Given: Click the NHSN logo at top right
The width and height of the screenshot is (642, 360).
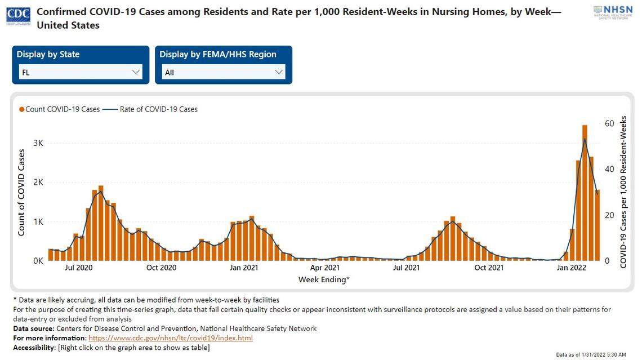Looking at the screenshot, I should coord(613,13).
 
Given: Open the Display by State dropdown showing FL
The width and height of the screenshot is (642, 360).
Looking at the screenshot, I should coord(81,72).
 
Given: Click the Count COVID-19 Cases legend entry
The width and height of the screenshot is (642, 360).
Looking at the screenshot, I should coord(59,109).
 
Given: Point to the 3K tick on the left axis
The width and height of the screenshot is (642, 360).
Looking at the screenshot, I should coord(38,143).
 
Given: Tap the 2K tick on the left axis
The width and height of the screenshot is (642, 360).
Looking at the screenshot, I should coord(38,183).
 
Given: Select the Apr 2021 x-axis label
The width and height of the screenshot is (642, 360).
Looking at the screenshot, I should coord(324,268).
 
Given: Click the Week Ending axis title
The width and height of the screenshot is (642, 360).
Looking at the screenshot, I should coord(324,279).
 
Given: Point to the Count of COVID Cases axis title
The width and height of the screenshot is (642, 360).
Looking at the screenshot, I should coord(21,193).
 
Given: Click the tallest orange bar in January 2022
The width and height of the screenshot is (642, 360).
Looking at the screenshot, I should coord(585,192).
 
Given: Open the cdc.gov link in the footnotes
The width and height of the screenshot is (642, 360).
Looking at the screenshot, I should coord(171,338).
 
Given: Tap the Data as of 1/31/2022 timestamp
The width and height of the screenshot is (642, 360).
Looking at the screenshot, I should coord(591,355).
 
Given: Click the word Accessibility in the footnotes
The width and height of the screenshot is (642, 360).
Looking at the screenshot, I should coord(34,348).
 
